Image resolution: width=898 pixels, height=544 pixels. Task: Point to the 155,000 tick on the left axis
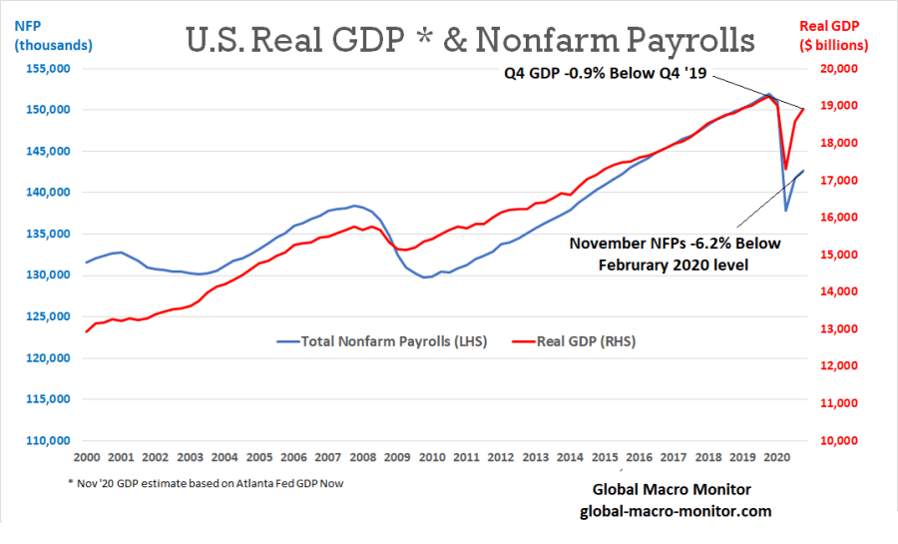click(x=48, y=69)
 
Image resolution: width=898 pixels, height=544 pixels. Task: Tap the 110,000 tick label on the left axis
click(x=48, y=440)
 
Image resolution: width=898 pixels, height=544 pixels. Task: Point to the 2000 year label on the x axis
click(x=87, y=457)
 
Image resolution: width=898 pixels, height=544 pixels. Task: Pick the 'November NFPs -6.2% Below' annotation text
click(x=674, y=243)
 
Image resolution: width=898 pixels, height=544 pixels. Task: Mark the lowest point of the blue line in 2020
click(x=785, y=210)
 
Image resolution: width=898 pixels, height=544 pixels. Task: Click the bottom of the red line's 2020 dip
click(x=785, y=168)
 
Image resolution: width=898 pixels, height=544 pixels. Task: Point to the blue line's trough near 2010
click(x=426, y=277)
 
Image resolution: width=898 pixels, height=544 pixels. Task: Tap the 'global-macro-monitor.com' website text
click(x=675, y=510)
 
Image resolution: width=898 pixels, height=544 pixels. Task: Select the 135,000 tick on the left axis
click(x=48, y=234)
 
